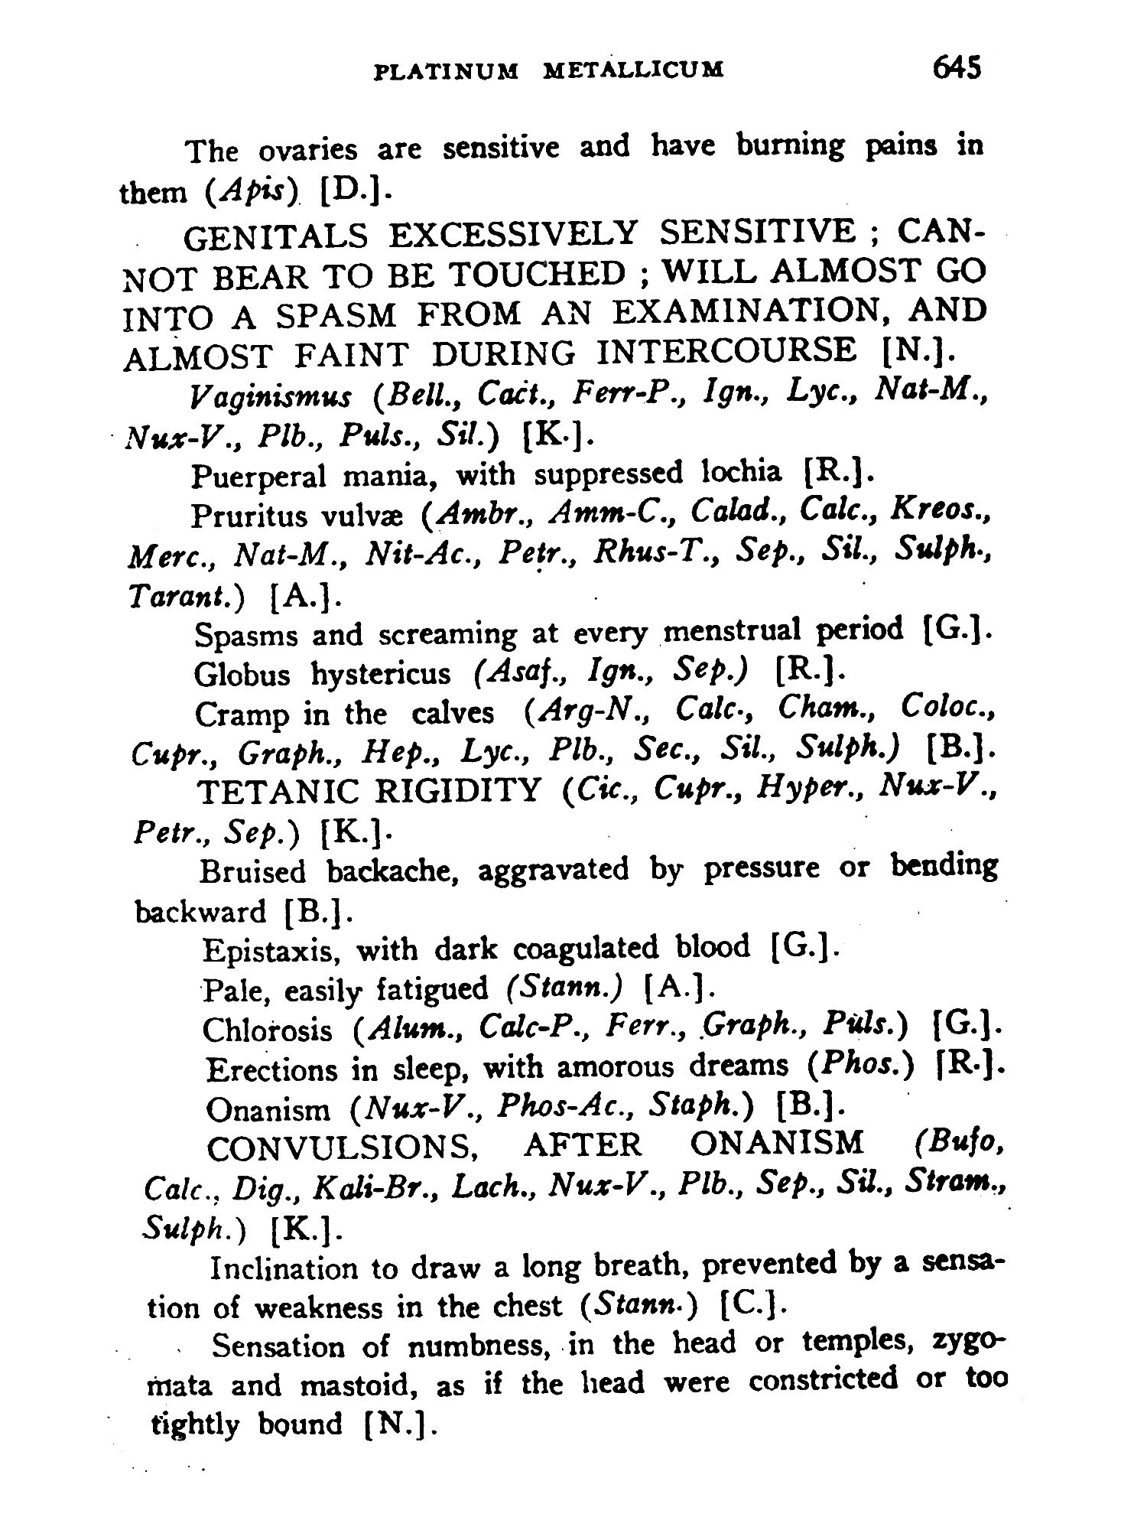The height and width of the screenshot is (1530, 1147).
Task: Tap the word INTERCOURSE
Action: (726, 353)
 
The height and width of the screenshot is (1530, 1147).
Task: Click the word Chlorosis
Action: (268, 1030)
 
